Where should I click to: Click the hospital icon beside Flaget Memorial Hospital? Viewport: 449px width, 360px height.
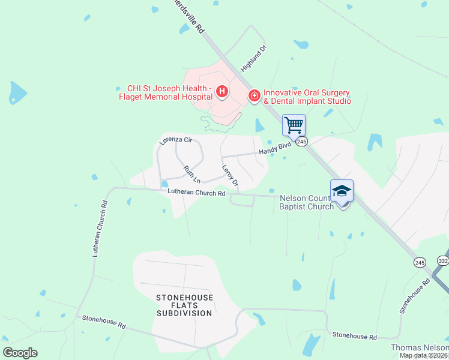pyautogui.click(x=222, y=92)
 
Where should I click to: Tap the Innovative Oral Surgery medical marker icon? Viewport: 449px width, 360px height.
pyautogui.click(x=254, y=95)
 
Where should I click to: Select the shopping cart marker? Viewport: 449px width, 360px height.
pyautogui.click(x=294, y=125)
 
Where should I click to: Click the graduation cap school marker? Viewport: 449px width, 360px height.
pyautogui.click(x=342, y=191)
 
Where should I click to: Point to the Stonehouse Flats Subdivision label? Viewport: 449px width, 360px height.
pyautogui.click(x=184, y=305)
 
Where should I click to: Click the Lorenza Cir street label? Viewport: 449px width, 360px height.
pyautogui.click(x=175, y=140)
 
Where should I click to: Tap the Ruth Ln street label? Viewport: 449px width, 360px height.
pyautogui.click(x=192, y=174)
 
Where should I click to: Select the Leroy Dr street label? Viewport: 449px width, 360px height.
pyautogui.click(x=231, y=175)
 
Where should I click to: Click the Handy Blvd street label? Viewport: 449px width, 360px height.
pyautogui.click(x=275, y=148)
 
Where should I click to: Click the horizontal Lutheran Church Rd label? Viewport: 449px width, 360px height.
pyautogui.click(x=196, y=193)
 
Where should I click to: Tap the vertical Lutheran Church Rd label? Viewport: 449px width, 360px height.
pyautogui.click(x=100, y=229)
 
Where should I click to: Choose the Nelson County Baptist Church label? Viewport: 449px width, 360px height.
pyautogui.click(x=307, y=202)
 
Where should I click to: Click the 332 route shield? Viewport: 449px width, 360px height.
pyautogui.click(x=443, y=260)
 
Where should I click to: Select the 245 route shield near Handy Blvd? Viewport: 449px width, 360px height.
pyautogui.click(x=301, y=142)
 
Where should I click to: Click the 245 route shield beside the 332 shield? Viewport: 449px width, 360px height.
pyautogui.click(x=420, y=262)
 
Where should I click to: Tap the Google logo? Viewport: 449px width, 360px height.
pyautogui.click(x=20, y=353)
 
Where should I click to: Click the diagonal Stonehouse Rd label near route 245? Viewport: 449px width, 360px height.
pyautogui.click(x=415, y=295)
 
